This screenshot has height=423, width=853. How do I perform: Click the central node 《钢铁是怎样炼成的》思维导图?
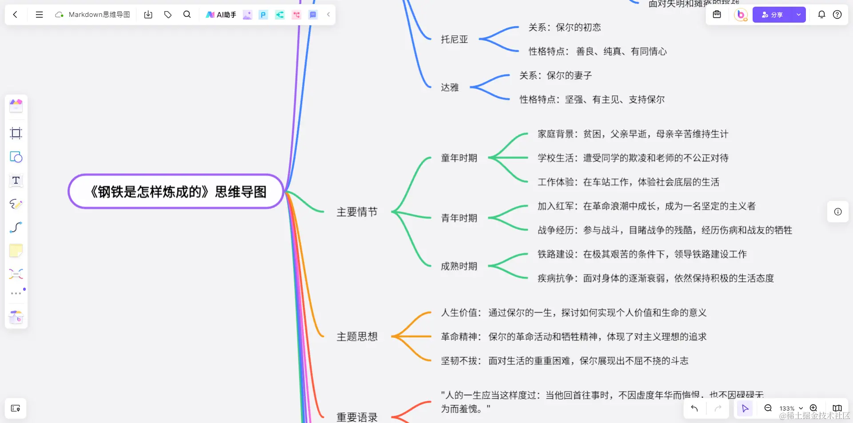pyautogui.click(x=176, y=191)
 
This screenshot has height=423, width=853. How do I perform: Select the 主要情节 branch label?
pyautogui.click(x=357, y=212)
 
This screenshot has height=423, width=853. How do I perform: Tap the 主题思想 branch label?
pyautogui.click(x=357, y=337)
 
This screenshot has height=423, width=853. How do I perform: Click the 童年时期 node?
pyautogui.click(x=458, y=158)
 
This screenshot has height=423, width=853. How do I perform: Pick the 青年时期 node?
pyautogui.click(x=458, y=218)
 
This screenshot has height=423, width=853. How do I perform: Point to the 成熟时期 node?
pyautogui.click(x=458, y=266)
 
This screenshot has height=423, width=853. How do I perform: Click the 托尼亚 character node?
pyautogui.click(x=454, y=40)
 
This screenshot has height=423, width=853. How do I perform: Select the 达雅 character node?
pyautogui.click(x=450, y=87)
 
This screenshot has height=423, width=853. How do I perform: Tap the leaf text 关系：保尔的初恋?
pyautogui.click(x=564, y=28)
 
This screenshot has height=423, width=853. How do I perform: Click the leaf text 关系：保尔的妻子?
pyautogui.click(x=555, y=75)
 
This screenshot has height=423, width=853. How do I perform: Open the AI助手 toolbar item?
pyautogui.click(x=221, y=15)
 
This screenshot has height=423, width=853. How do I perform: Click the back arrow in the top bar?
pyautogui.click(x=15, y=15)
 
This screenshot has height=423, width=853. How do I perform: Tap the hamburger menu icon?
pyautogui.click(x=39, y=15)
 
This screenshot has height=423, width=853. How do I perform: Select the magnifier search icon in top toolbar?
pyautogui.click(x=187, y=15)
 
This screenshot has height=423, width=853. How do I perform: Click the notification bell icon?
pyautogui.click(x=821, y=15)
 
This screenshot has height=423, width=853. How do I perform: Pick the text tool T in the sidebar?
pyautogui.click(x=16, y=180)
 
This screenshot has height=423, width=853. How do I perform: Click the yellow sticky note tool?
pyautogui.click(x=16, y=251)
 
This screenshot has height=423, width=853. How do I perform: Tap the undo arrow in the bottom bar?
pyautogui.click(x=694, y=408)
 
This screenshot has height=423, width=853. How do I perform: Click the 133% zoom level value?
pyautogui.click(x=787, y=408)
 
